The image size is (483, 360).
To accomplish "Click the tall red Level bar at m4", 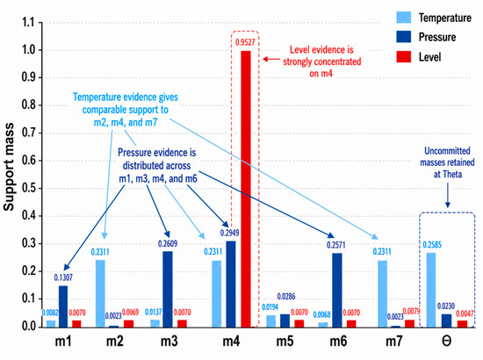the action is (x=246, y=189).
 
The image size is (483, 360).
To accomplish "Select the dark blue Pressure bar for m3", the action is (x=168, y=289).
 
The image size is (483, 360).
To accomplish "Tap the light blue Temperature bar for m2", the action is (x=100, y=293).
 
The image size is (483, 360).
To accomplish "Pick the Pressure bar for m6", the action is (x=337, y=290).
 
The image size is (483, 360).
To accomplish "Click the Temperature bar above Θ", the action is (x=431, y=290).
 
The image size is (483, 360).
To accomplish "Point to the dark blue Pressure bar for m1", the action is (x=63, y=306).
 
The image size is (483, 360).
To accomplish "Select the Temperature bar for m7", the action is (x=382, y=294).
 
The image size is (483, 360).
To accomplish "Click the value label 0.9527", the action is (x=245, y=42).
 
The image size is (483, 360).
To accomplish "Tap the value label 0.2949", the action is (x=229, y=233).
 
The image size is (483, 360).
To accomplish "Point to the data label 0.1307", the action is (x=63, y=277).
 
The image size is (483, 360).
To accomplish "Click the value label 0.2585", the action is (x=432, y=245).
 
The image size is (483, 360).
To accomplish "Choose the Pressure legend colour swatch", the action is (x=404, y=37).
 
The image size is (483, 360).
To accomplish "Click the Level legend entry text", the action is (x=429, y=57).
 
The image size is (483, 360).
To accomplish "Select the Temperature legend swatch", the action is (x=404, y=18).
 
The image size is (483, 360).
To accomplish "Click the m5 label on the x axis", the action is (x=285, y=342).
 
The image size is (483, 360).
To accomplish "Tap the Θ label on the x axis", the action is (x=447, y=342).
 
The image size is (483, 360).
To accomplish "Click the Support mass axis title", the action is (x=9, y=167).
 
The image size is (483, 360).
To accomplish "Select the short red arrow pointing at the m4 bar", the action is (x=271, y=59).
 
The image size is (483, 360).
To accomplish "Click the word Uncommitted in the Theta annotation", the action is (x=447, y=151).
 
